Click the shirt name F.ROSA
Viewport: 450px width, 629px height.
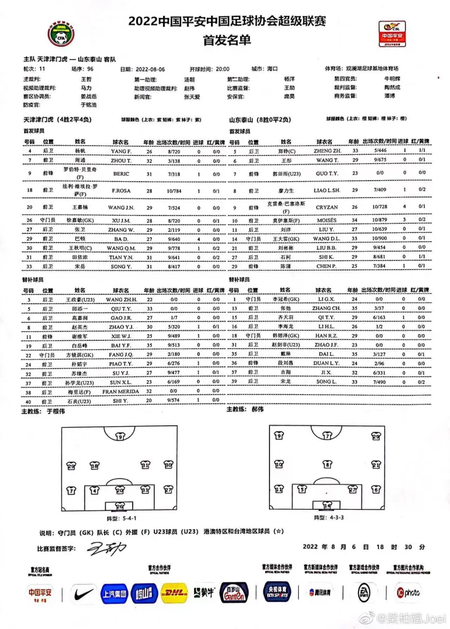121,191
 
